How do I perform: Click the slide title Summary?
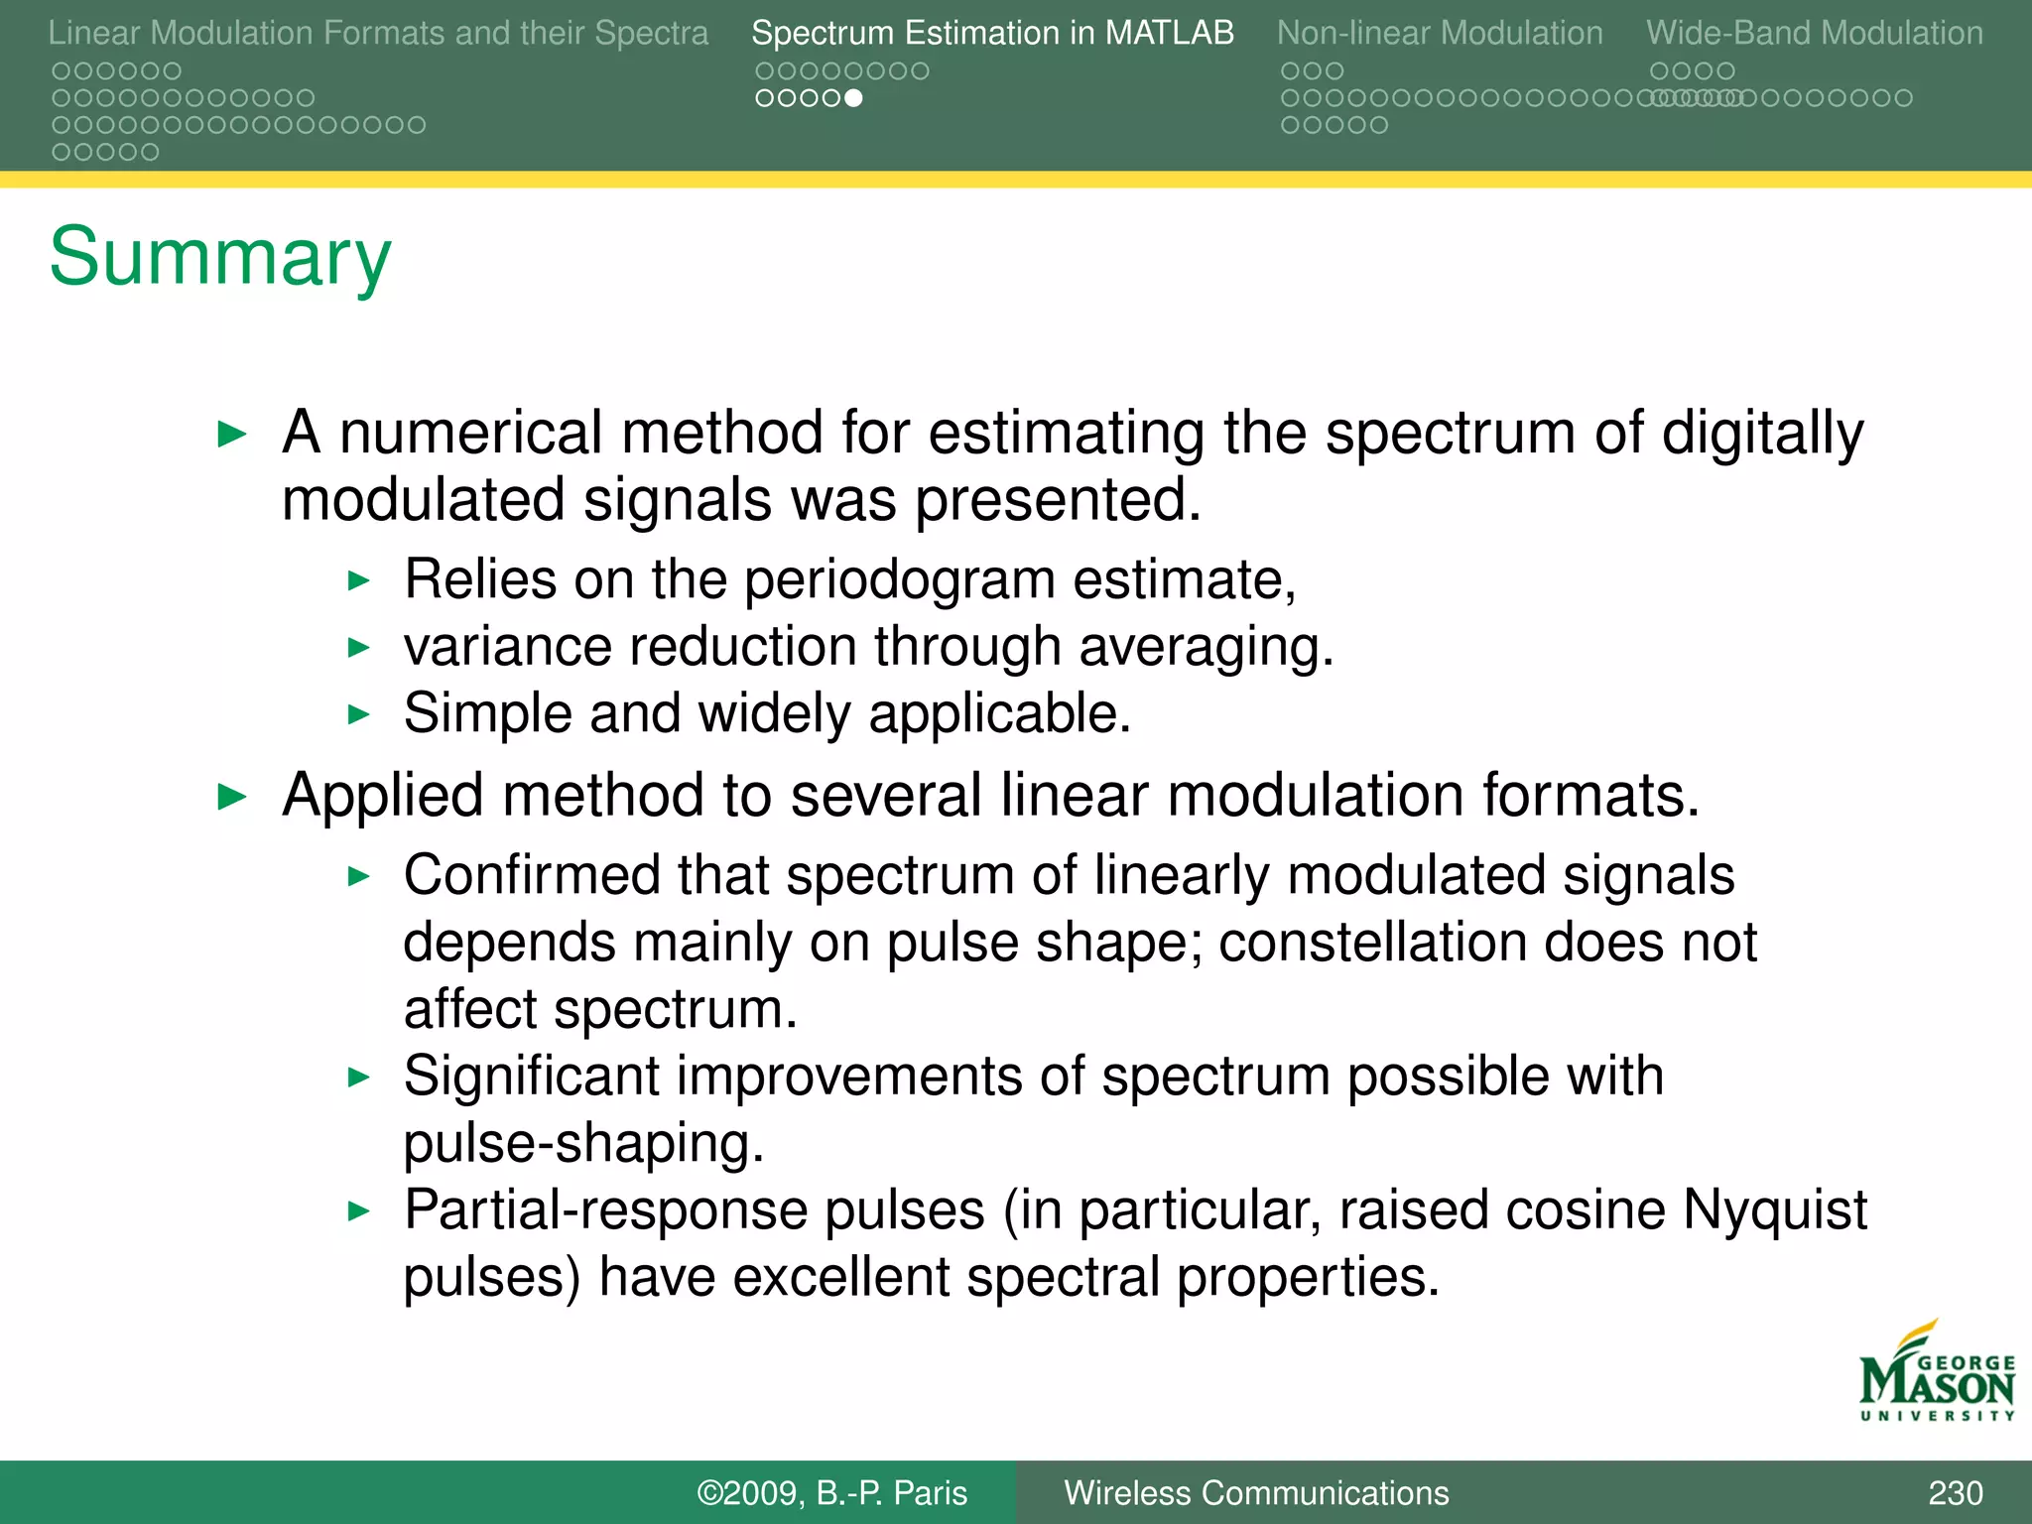click(220, 256)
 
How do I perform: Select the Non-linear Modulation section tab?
click(1439, 33)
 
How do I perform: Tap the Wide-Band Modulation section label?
click(1814, 33)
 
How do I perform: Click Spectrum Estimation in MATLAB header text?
click(992, 33)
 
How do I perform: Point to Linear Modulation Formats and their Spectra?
click(378, 33)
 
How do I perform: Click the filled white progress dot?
click(853, 98)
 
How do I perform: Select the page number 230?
click(1955, 1492)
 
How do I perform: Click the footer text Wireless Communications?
click(1256, 1492)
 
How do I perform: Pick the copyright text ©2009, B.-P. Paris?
click(831, 1492)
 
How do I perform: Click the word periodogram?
click(899, 580)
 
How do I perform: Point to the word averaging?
click(1206, 648)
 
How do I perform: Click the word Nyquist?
click(1774, 1210)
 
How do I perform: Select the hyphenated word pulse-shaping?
click(583, 1144)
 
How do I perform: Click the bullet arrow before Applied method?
click(231, 797)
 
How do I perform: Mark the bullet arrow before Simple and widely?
click(359, 714)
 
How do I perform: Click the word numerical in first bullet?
click(470, 434)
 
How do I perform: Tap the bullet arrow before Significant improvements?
click(359, 1078)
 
